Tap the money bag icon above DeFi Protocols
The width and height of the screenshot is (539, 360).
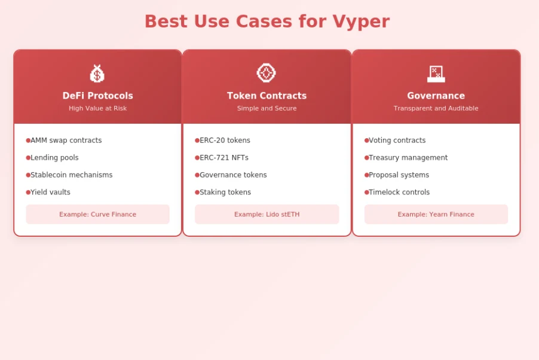tap(97, 74)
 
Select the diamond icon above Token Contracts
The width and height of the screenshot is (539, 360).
tap(267, 73)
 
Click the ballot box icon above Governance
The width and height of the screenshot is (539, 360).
tap(436, 74)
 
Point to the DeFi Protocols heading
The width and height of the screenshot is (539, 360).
tap(97, 96)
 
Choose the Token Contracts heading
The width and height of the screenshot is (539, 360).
tap(267, 96)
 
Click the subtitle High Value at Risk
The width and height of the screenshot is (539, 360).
tap(97, 108)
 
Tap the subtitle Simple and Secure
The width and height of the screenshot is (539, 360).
tap(267, 108)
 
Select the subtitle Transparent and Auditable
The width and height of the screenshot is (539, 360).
tap(436, 108)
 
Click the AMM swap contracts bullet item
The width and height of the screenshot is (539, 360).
tap(66, 141)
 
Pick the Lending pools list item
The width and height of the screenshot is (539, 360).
tap(54, 158)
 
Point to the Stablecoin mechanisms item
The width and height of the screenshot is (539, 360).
tap(72, 175)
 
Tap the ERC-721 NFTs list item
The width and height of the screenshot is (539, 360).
tap(224, 158)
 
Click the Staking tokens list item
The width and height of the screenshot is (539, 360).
tap(225, 193)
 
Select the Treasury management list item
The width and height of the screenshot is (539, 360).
tap(408, 158)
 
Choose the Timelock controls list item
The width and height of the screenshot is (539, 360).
tap(399, 193)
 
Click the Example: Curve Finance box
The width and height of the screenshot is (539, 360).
tap(97, 214)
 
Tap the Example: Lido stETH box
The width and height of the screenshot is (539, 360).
tap(267, 214)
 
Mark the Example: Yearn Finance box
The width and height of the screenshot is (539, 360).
tap(436, 214)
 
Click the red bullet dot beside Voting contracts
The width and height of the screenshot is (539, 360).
tap(366, 141)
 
